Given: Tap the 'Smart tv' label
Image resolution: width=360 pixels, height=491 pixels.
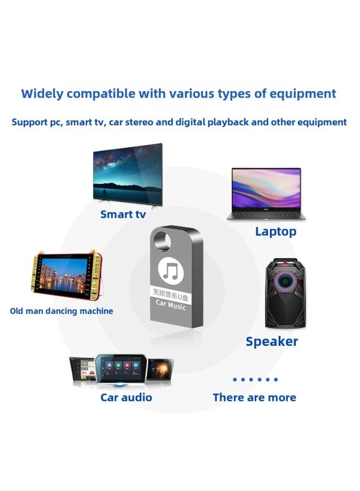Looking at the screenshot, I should (x=123, y=214).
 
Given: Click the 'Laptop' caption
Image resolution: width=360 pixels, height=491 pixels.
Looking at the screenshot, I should (x=275, y=231).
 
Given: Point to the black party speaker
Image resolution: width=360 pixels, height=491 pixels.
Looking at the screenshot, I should (x=281, y=294).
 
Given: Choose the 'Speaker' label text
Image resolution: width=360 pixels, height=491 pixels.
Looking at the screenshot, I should (x=272, y=342).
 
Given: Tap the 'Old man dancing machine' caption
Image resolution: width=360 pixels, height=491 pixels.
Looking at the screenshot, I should (x=62, y=311).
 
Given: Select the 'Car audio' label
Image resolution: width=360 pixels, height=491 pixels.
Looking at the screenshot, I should (x=126, y=397).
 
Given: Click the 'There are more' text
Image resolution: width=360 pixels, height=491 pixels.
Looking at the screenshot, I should (x=254, y=397).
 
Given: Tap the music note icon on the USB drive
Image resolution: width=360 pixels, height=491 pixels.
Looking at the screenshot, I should (x=171, y=270).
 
